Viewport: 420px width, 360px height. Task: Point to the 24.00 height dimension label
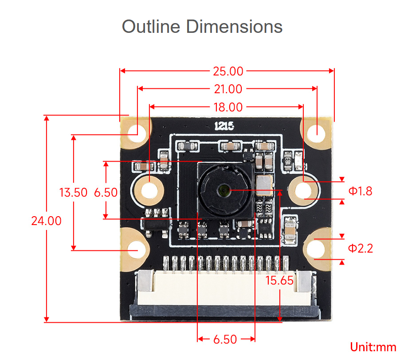pos(46,221)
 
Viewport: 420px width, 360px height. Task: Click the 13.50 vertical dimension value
pos(74,193)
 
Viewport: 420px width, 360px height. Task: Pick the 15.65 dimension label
pos(279,281)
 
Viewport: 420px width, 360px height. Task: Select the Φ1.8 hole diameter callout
pos(360,191)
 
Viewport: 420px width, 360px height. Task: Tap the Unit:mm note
pos(373,347)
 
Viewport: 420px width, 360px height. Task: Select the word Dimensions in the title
pos(235,27)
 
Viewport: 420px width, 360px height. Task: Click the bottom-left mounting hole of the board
pos(137,249)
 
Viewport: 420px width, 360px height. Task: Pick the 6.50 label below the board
pos(225,340)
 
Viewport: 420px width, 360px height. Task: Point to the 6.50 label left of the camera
pos(106,193)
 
